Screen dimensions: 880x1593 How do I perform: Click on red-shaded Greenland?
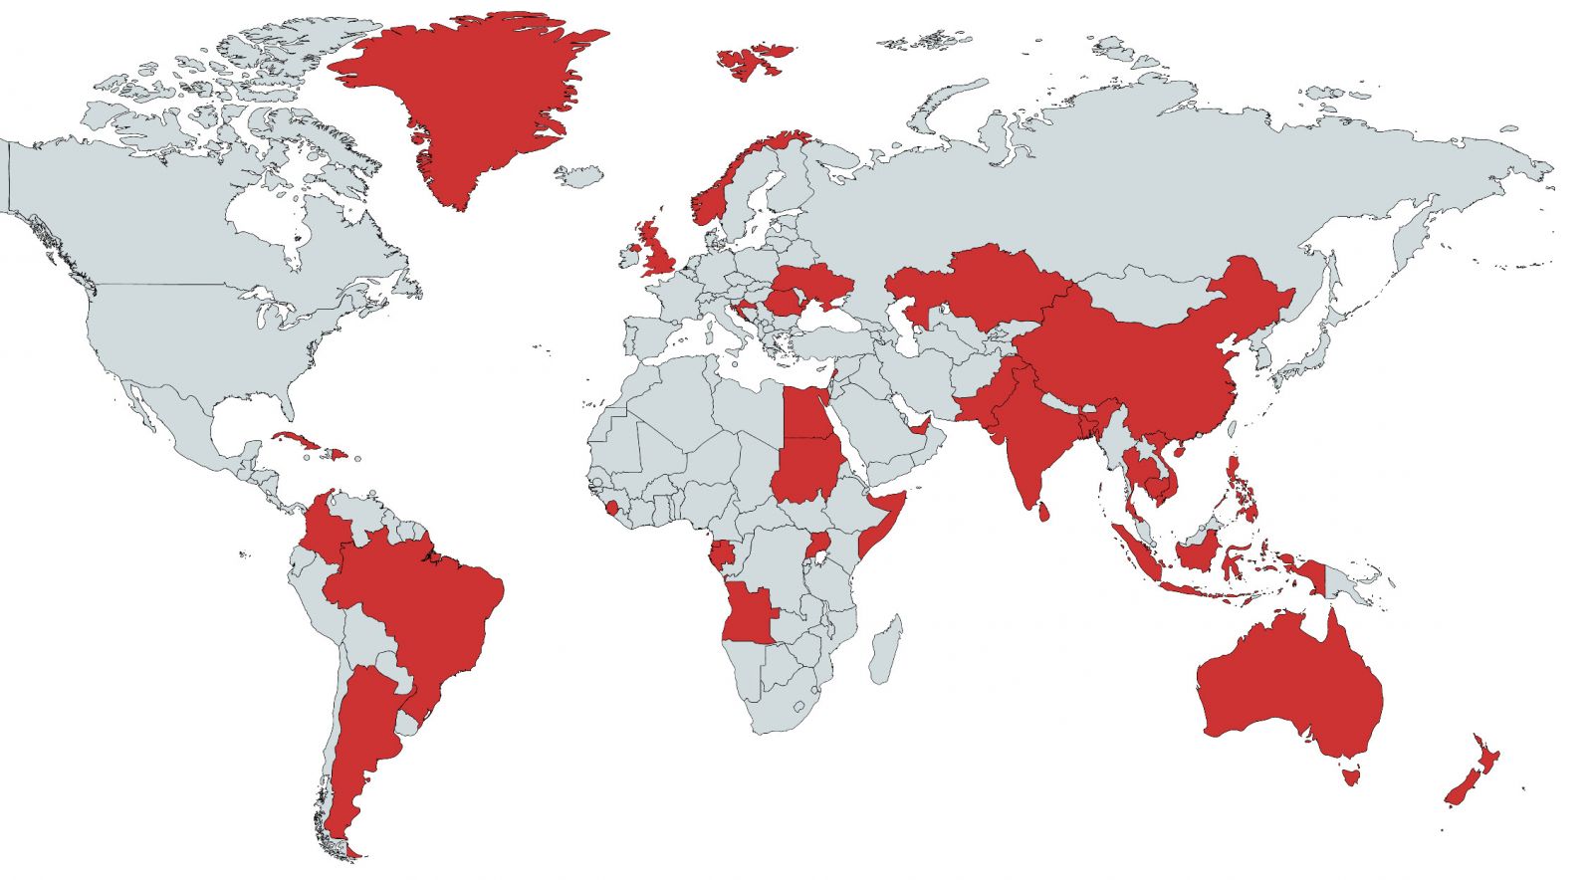468,100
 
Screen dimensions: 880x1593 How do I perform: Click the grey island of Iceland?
579,176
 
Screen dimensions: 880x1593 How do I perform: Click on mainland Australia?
1294,687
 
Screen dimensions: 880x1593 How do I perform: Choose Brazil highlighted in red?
428,607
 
